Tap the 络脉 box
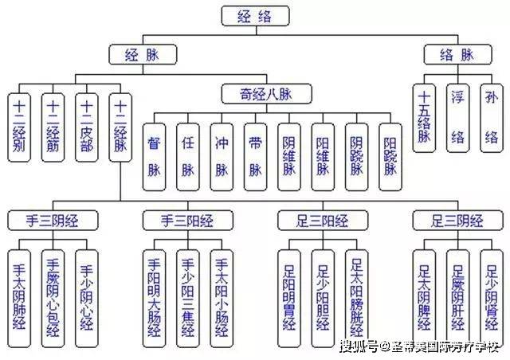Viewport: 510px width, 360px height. [457, 55]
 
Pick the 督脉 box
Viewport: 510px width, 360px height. [155, 156]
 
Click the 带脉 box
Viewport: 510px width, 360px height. [256, 156]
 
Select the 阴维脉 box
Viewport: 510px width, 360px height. [289, 156]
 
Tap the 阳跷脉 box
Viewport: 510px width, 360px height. [390, 156]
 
